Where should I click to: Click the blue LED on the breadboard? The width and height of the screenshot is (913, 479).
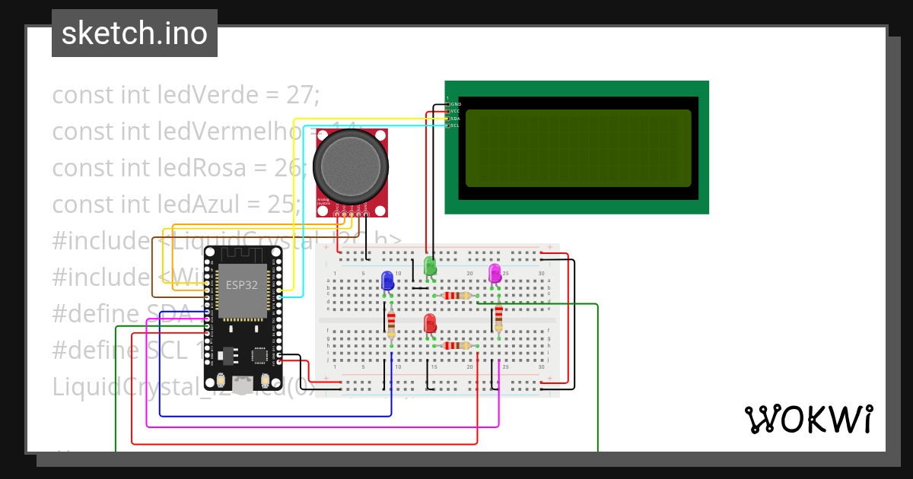tap(387, 280)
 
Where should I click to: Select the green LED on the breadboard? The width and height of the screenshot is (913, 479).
tap(430, 265)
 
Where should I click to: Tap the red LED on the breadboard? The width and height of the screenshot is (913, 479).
tap(430, 323)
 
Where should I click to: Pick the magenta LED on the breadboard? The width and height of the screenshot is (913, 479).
tap(495, 273)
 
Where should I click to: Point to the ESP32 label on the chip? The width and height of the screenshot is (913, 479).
tap(242, 285)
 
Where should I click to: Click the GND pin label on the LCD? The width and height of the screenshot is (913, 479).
tap(456, 104)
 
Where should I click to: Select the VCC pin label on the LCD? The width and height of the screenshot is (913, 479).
tap(456, 111)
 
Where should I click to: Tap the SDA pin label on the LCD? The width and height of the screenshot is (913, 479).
tap(456, 119)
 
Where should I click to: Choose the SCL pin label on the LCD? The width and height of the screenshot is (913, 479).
tap(456, 125)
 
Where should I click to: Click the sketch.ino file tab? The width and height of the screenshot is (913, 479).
tap(135, 33)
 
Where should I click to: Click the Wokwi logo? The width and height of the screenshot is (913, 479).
tap(808, 420)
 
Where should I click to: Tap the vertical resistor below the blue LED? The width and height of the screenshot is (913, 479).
tap(391, 325)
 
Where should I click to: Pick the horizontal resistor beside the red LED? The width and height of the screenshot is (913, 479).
tap(456, 345)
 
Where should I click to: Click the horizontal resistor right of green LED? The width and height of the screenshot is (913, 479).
tap(456, 296)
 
